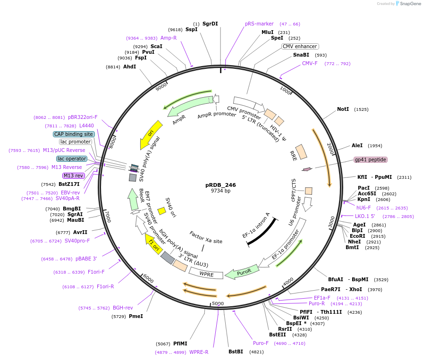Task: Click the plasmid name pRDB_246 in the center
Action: point(220,185)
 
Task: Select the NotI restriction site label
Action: point(343,109)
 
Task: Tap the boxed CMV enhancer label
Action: point(300,46)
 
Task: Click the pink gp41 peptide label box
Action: point(371,159)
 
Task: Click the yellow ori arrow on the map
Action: point(152,134)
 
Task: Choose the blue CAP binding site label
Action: point(74,134)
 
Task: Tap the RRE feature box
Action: point(300,152)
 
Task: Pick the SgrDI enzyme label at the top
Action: point(210,24)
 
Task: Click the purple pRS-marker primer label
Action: point(259,24)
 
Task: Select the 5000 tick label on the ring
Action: point(218,303)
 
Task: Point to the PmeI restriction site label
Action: point(136,316)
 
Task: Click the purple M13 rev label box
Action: point(73,176)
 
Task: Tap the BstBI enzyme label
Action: point(236,352)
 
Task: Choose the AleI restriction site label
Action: point(357,146)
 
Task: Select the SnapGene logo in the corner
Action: point(406,4)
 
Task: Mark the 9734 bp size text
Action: point(220,191)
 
